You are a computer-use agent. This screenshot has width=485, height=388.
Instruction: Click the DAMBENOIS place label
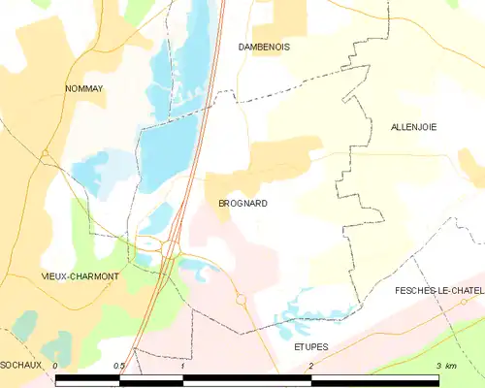tap(265, 47)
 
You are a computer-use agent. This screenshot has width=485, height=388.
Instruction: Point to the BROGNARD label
tap(242, 204)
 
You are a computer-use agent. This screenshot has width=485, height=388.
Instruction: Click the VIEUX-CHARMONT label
tap(81, 276)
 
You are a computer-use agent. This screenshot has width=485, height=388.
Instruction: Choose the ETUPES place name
tap(311, 346)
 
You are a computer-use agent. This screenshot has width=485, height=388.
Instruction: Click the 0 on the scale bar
tap(56, 366)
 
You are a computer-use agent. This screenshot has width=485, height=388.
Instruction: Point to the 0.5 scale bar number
tap(118, 366)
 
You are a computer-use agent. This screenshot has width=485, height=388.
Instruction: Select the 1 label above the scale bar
tap(182, 366)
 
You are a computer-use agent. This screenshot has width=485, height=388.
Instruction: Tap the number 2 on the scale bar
tap(310, 366)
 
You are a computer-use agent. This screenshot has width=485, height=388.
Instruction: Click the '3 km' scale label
tap(445, 366)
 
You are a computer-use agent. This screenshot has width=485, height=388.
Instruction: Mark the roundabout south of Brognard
tap(241, 299)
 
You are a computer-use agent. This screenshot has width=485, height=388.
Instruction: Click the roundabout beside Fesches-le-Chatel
tap(465, 302)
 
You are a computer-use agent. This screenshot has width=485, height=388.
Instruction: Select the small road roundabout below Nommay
tap(45, 153)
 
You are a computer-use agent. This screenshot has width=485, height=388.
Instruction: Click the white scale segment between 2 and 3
tap(374, 379)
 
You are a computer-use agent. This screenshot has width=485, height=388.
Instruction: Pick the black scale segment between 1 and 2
tap(246, 379)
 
